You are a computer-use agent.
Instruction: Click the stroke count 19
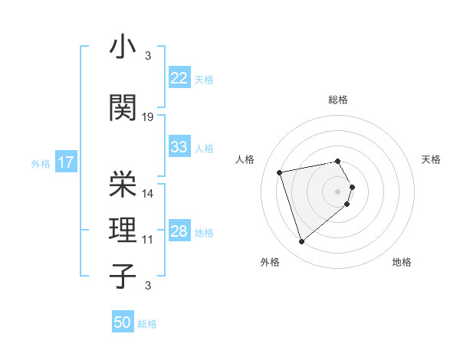click(148, 117)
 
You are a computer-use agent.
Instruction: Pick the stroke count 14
click(148, 193)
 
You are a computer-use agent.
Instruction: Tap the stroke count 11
click(148, 240)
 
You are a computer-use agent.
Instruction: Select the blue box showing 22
click(179, 78)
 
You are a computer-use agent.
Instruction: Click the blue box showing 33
click(179, 147)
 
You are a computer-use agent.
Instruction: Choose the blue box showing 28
click(179, 232)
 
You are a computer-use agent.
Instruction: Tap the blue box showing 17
click(65, 162)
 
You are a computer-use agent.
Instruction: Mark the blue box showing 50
click(123, 322)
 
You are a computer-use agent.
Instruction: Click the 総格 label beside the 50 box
click(147, 324)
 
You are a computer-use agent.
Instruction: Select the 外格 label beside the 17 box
click(41, 163)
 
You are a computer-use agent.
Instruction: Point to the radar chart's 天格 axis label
click(431, 159)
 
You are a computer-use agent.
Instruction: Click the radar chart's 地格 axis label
click(402, 262)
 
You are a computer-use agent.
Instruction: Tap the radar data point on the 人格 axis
click(280, 172)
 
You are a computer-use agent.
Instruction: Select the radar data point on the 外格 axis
click(301, 242)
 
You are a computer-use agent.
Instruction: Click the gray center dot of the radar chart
click(337, 191)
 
